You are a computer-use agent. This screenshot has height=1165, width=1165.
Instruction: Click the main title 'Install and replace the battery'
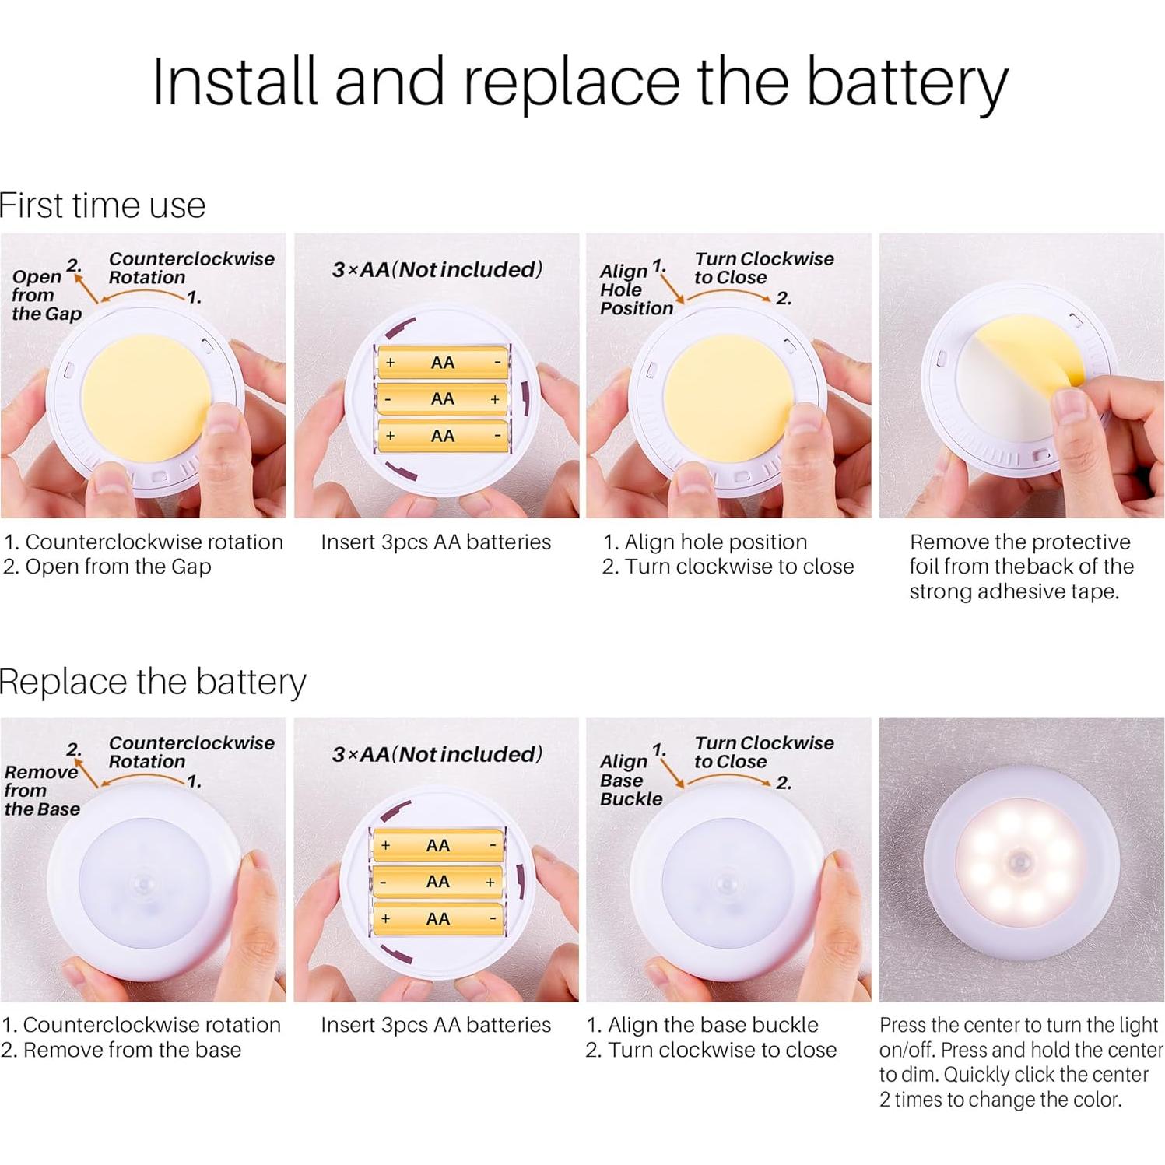[x=580, y=82]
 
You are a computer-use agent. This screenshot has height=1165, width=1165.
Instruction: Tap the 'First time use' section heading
[x=103, y=205]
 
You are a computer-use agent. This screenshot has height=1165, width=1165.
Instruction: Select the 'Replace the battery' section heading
[x=153, y=682]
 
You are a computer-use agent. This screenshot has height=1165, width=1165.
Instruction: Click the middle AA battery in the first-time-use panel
[x=442, y=399]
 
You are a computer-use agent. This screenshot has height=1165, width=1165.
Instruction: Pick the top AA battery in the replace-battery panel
[x=438, y=845]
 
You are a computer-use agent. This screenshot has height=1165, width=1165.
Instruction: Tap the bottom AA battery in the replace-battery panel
[x=438, y=919]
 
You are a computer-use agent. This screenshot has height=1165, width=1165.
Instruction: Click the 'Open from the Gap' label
[x=46, y=295]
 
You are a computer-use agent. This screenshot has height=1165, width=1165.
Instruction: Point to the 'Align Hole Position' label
[x=636, y=289]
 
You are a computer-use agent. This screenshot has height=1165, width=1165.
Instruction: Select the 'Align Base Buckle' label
[x=630, y=780]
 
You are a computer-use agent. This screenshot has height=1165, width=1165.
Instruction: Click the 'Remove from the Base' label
[x=42, y=790]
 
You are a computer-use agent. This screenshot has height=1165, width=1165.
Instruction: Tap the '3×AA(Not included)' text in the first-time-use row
[x=437, y=269]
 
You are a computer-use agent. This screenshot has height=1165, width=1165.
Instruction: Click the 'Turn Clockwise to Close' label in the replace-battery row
[x=763, y=752]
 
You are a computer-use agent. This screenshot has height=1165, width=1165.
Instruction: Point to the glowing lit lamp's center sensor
[x=1020, y=861]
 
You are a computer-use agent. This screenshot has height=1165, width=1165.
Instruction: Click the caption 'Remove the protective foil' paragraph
[x=1021, y=567]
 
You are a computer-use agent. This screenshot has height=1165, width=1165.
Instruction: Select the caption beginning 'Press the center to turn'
[x=1021, y=1062]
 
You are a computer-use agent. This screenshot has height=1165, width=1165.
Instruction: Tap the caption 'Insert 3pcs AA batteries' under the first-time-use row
[x=436, y=542]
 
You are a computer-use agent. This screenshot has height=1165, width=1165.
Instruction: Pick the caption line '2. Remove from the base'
[x=121, y=1050]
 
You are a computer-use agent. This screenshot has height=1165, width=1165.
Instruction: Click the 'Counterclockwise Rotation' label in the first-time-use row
[x=191, y=268]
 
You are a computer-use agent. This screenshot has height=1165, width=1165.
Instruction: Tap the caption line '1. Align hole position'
[x=705, y=542]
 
